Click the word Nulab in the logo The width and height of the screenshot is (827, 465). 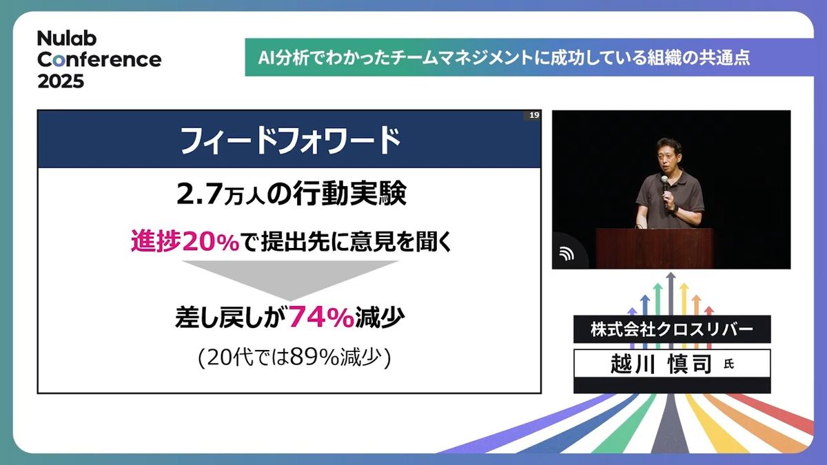click(67, 39)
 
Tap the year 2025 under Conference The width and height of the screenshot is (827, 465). click(61, 81)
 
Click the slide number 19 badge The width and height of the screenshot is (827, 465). click(534, 115)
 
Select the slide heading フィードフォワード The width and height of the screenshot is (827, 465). click(290, 141)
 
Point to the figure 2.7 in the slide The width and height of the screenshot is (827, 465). click(199, 195)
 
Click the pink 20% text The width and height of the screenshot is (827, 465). click(211, 242)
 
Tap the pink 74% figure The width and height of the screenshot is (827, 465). click(321, 318)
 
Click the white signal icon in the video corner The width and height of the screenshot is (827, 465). click(566, 254)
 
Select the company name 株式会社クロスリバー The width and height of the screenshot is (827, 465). click(672, 329)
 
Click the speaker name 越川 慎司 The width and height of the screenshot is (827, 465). click(661, 364)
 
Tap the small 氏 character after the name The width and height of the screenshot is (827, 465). click(728, 365)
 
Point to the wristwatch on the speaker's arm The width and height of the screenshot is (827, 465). click(675, 209)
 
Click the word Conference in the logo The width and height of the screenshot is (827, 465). click(99, 60)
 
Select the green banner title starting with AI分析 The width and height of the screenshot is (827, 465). click(504, 58)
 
